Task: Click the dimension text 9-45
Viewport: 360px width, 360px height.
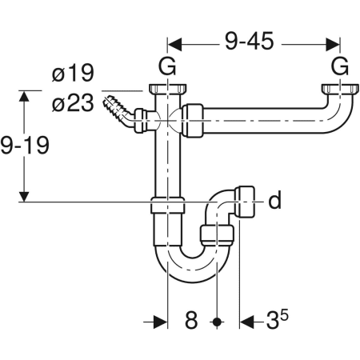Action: click(x=250, y=42)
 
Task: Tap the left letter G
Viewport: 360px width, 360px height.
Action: click(x=167, y=66)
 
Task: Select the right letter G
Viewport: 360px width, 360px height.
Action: click(x=340, y=66)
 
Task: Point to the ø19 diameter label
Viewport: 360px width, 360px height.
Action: click(x=73, y=73)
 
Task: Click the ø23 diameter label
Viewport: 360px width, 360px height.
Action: click(x=73, y=103)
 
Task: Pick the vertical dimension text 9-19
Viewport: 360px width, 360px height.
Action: click(x=25, y=146)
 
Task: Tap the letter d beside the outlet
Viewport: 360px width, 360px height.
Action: click(x=274, y=201)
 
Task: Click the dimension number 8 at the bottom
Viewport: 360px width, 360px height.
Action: click(x=191, y=320)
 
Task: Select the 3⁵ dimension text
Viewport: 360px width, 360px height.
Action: click(x=278, y=319)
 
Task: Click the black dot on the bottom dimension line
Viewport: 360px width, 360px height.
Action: click(x=218, y=322)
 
